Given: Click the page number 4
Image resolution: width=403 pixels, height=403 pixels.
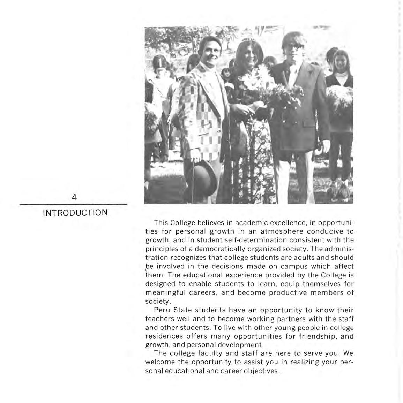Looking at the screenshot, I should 74,197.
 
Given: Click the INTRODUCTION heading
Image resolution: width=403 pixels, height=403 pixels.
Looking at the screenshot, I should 75,213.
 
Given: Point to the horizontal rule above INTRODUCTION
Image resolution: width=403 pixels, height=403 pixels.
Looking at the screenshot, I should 73,204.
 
